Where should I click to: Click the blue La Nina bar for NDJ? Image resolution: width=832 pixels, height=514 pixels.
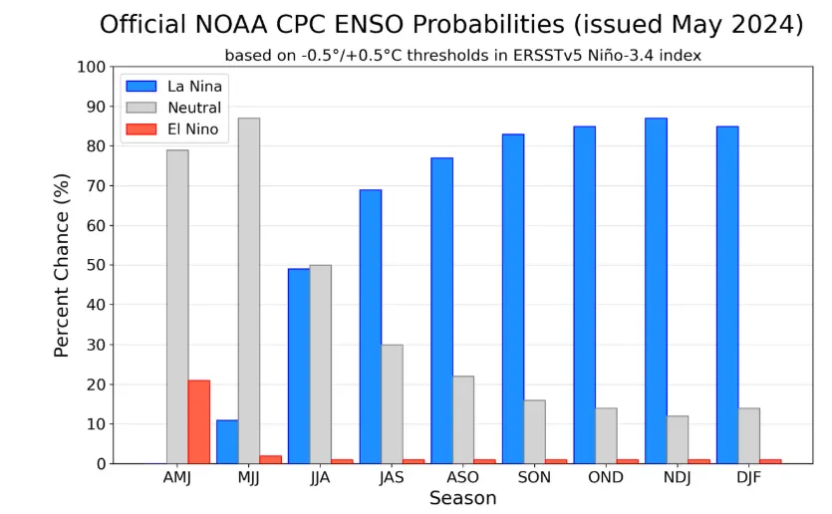click(x=656, y=291)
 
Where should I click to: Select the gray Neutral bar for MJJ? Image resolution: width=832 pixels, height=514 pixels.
click(x=249, y=291)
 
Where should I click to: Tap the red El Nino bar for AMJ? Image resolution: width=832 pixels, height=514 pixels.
click(x=199, y=422)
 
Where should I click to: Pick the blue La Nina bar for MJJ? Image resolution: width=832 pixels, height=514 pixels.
click(x=227, y=442)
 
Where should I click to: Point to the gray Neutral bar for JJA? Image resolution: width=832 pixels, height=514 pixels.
click(x=321, y=365)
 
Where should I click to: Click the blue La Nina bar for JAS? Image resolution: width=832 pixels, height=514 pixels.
click(x=371, y=327)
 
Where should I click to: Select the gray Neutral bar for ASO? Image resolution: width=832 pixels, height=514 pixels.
click(x=463, y=420)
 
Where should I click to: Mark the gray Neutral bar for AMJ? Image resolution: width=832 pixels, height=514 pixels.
click(x=177, y=307)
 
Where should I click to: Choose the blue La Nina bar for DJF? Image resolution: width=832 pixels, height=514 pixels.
click(x=727, y=295)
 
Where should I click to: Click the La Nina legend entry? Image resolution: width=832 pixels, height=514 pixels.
click(x=194, y=87)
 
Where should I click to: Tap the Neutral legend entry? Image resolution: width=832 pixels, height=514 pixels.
click(x=194, y=108)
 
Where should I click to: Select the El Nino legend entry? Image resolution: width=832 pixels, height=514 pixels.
click(x=192, y=129)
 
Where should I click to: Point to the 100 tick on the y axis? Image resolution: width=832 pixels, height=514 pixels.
click(x=93, y=67)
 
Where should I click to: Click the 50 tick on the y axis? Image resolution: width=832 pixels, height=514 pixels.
click(x=97, y=265)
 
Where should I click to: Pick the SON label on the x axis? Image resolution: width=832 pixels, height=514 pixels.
click(x=535, y=477)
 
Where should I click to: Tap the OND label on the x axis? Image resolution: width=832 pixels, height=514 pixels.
click(x=606, y=477)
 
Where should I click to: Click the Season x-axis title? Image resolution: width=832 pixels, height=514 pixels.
click(x=462, y=498)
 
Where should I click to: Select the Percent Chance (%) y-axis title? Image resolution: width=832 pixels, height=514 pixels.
click(x=62, y=265)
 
